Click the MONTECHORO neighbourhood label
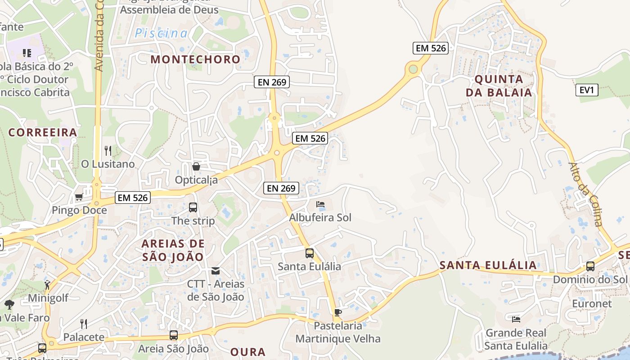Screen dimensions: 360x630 pos(196,59)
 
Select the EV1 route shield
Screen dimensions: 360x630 pos(587,90)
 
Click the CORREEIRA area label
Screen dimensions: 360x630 pos(43,133)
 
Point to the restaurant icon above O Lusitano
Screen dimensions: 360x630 pos(108,150)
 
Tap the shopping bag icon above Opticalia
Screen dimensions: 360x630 pos(196,167)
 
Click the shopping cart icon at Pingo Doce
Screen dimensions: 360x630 pos(79,197)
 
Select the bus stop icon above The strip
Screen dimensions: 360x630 pos(193,207)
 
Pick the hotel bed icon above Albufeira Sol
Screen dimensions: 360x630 pos(320,204)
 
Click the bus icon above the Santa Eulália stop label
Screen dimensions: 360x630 pos(310,253)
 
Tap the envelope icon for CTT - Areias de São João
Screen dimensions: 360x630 pos(216,270)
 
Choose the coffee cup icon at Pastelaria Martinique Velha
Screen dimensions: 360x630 pos(338,312)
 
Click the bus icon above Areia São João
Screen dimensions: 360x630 pos(174,335)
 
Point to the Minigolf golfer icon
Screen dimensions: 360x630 pos(48,284)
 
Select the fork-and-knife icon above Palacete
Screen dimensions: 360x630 pos(84,324)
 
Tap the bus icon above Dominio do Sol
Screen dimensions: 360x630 pos(590,266)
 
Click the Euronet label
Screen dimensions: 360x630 pos(592,304)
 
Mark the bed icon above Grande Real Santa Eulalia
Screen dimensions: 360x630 pos(516,319)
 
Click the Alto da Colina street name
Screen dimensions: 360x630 pos(585,194)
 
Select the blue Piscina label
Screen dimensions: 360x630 pos(161,33)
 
